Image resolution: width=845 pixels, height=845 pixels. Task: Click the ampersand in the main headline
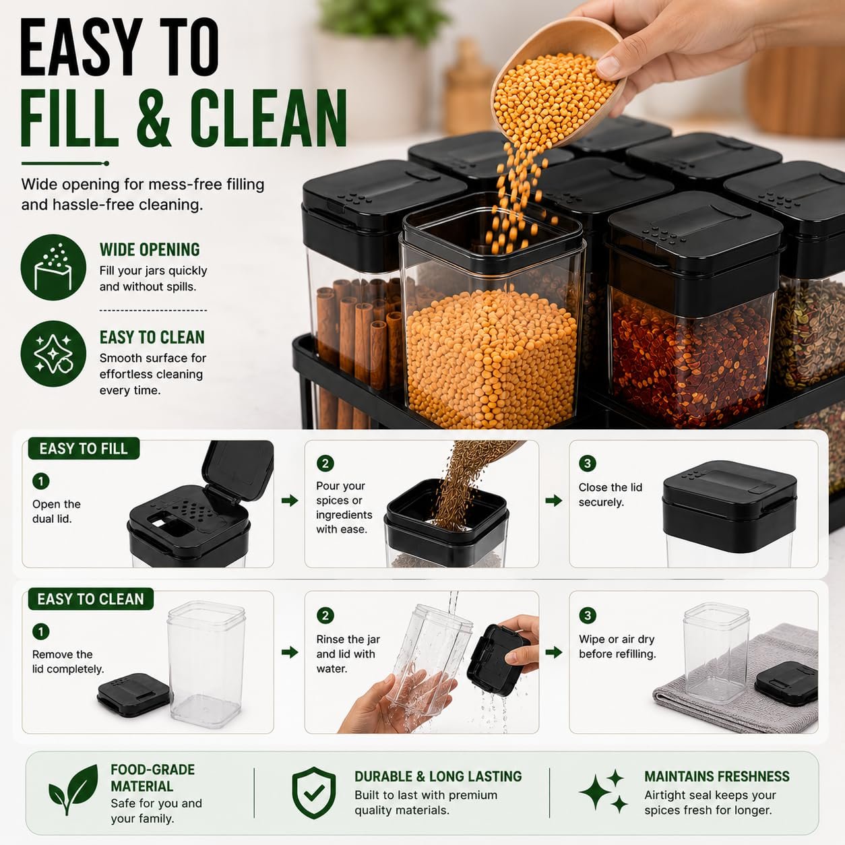[x=152, y=117]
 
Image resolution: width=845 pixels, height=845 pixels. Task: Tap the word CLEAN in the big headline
[x=268, y=117]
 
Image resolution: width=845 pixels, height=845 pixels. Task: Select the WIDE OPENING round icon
[x=53, y=268]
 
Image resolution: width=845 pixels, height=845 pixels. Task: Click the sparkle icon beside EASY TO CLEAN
[x=53, y=354]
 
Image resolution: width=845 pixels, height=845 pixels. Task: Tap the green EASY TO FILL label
[x=84, y=449]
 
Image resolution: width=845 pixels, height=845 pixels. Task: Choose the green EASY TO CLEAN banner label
[x=91, y=599]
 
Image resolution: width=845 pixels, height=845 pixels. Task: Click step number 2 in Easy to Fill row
[x=325, y=464]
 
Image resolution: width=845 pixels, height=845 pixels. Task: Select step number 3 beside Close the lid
[x=588, y=464]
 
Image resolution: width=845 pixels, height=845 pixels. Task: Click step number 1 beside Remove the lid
[x=41, y=632]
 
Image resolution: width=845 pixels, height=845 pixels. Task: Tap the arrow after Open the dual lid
[x=290, y=501]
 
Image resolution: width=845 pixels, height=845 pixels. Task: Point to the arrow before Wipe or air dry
[x=554, y=652]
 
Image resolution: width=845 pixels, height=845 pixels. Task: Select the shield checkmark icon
[x=314, y=792]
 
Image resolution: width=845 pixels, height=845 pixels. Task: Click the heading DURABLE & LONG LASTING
[x=438, y=776]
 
